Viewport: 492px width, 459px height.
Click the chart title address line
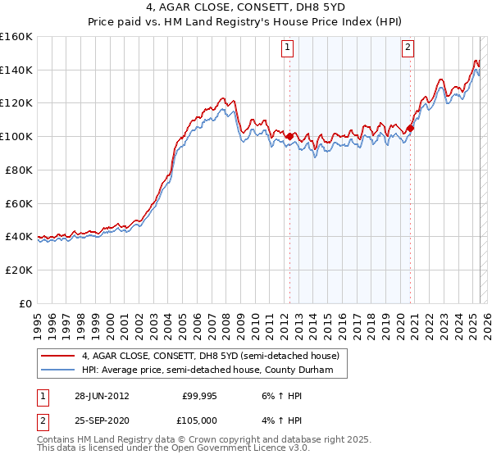(x=245, y=9)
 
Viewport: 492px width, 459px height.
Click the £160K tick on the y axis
(x=16, y=37)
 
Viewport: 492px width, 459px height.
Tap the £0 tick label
(x=25, y=303)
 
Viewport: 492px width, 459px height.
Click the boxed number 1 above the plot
(x=289, y=48)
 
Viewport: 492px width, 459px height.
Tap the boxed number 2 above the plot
(x=408, y=48)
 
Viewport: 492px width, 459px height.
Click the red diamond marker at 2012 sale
(x=289, y=136)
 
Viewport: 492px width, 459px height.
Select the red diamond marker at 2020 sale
(x=412, y=128)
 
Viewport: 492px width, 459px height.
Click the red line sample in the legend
(x=58, y=356)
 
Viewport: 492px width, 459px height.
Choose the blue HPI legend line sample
(x=58, y=370)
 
